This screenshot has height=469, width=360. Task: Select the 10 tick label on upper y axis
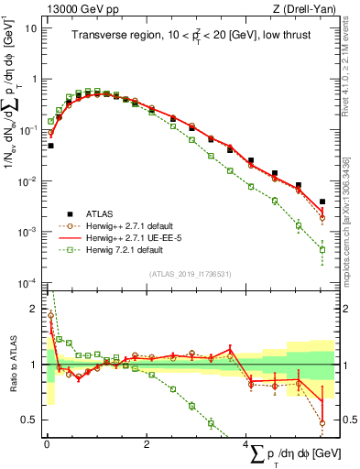point(29,27)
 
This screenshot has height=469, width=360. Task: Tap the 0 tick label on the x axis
point(46,444)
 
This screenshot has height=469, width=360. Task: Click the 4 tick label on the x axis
point(245,444)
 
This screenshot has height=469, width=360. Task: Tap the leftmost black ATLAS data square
point(50,145)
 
